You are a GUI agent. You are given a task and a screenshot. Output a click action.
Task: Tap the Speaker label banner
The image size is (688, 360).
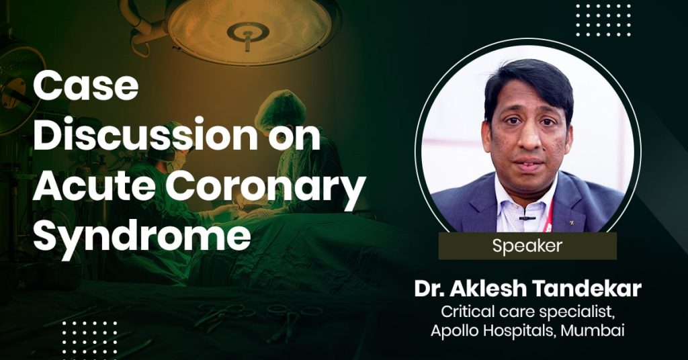point(527,246)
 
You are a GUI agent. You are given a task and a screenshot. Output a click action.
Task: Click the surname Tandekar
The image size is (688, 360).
point(585,289)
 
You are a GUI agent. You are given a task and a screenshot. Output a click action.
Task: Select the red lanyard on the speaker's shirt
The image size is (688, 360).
point(548,218)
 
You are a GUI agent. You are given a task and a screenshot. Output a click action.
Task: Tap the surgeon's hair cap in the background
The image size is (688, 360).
point(280,109)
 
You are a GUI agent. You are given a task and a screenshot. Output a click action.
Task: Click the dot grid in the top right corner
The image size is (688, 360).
point(603,20)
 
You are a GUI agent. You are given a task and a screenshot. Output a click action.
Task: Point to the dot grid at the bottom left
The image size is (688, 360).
point(90,339)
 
